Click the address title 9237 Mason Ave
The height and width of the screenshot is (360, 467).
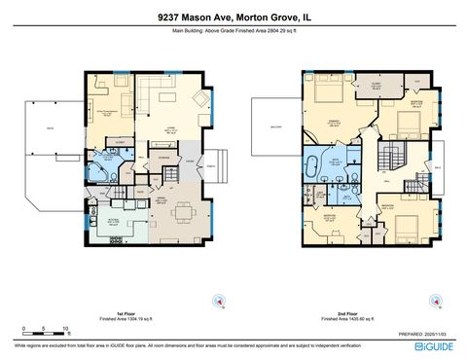[x=233, y=17]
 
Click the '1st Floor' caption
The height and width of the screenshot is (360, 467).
[x=125, y=314]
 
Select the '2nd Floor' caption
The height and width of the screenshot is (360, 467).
[x=341, y=314]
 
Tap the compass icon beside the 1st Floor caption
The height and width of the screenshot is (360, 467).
[x=223, y=300]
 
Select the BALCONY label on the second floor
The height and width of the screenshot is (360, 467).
[x=270, y=126]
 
